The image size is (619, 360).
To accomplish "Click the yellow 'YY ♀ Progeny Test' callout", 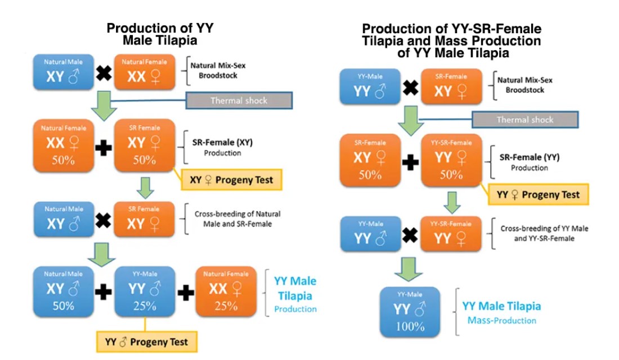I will [x=538, y=195].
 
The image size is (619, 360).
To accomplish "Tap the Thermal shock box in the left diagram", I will [x=239, y=101].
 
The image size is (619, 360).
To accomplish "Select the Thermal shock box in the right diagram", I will [x=524, y=119].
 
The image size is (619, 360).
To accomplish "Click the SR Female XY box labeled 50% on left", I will [x=144, y=146].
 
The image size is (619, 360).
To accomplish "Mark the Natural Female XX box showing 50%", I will [x=63, y=146].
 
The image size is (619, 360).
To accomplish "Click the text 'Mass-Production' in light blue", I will [x=502, y=321].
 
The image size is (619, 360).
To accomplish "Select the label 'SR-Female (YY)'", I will [x=529, y=157].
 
